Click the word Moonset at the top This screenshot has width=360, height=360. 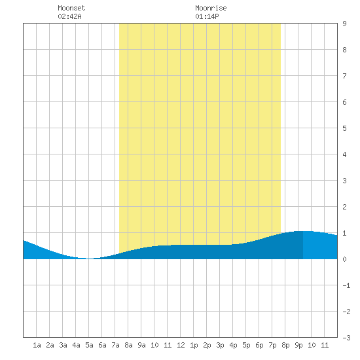click(x=71, y=8)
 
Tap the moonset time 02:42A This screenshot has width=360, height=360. click(x=69, y=16)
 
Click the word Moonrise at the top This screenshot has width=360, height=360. click(x=211, y=8)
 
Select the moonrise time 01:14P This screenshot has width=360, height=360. click(x=207, y=16)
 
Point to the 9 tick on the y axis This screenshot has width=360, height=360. click(x=344, y=24)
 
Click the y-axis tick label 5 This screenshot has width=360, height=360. click(x=344, y=128)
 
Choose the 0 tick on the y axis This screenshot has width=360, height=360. click(x=344, y=259)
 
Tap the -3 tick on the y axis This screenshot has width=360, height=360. click(x=346, y=338)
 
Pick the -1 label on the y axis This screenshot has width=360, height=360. click(x=346, y=285)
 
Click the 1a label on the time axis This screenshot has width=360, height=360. click(x=37, y=345)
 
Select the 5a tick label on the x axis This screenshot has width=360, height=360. click(x=89, y=345)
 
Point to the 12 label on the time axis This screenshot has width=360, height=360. click(x=181, y=345)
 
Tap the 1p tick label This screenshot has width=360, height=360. click(x=194, y=345)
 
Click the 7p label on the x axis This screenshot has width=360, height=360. click(x=272, y=345)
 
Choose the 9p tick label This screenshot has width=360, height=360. click(x=298, y=345)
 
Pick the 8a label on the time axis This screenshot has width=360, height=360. click(x=128, y=345)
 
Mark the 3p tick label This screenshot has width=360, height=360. click(x=220, y=345)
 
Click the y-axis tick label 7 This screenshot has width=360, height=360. click(x=344, y=76)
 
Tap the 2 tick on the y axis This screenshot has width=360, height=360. click(x=344, y=207)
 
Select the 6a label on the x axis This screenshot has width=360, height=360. click(x=102, y=345)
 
